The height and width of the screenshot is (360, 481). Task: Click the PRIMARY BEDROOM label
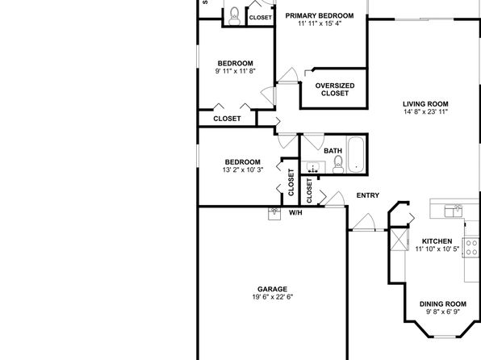tap(320, 15)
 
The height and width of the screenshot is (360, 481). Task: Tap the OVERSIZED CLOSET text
tap(335, 90)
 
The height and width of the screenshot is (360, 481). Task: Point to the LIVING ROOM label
tap(425, 104)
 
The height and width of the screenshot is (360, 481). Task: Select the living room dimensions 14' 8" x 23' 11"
tap(426, 111)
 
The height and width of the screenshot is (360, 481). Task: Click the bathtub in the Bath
tap(356, 154)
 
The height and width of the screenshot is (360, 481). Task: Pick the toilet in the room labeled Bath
tap(338, 165)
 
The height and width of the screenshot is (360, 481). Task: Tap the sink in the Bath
tap(313, 168)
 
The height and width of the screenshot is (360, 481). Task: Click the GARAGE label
tap(272, 289)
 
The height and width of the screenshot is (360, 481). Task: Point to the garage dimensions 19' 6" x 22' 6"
tap(273, 297)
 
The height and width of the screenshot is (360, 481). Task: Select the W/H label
tap(295, 212)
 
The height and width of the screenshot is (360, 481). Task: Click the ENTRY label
tap(368, 195)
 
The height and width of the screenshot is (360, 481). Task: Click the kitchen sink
tap(454, 211)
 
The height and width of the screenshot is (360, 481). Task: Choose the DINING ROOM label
tap(442, 304)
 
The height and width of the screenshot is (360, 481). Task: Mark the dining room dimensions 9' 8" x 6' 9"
tap(442, 312)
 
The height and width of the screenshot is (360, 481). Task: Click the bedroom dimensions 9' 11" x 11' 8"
tap(236, 71)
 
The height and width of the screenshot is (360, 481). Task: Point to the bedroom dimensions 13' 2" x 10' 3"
tap(243, 170)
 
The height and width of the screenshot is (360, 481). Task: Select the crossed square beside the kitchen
tap(399, 240)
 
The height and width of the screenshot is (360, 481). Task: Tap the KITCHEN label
tap(437, 241)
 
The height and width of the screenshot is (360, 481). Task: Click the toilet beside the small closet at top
tap(235, 16)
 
